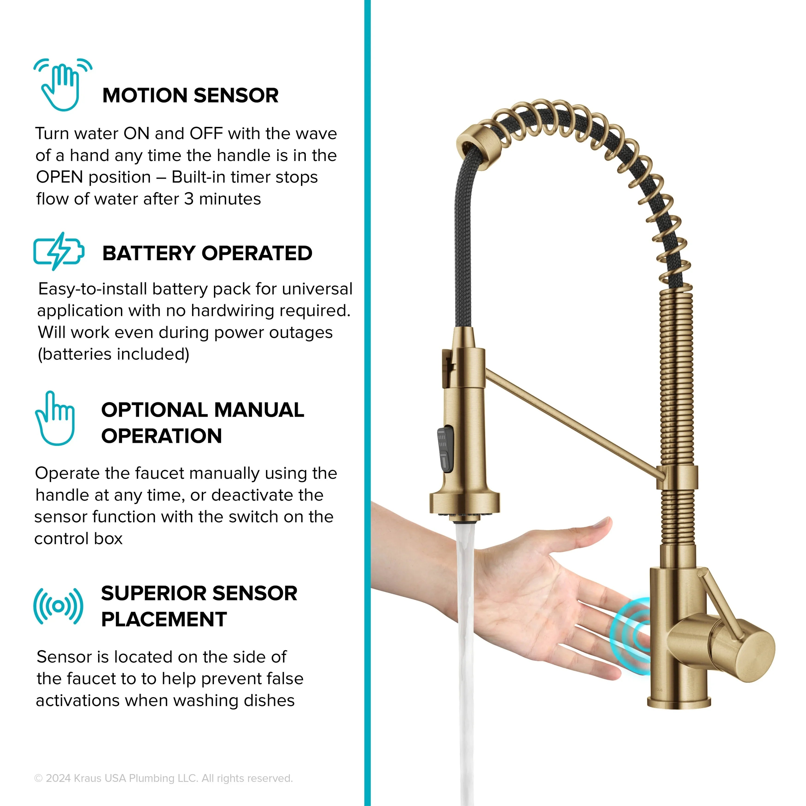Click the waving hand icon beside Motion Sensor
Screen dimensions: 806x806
click(x=63, y=85)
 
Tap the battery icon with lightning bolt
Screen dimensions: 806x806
click(x=59, y=251)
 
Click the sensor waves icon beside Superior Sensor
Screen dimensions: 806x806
click(x=58, y=606)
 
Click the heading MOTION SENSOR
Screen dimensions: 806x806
click(x=190, y=96)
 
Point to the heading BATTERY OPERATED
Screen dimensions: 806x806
click(x=207, y=253)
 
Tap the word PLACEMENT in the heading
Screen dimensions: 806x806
click(x=164, y=619)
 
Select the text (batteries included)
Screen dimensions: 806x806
click(x=114, y=354)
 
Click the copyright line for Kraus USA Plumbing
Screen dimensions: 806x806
click(x=164, y=778)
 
